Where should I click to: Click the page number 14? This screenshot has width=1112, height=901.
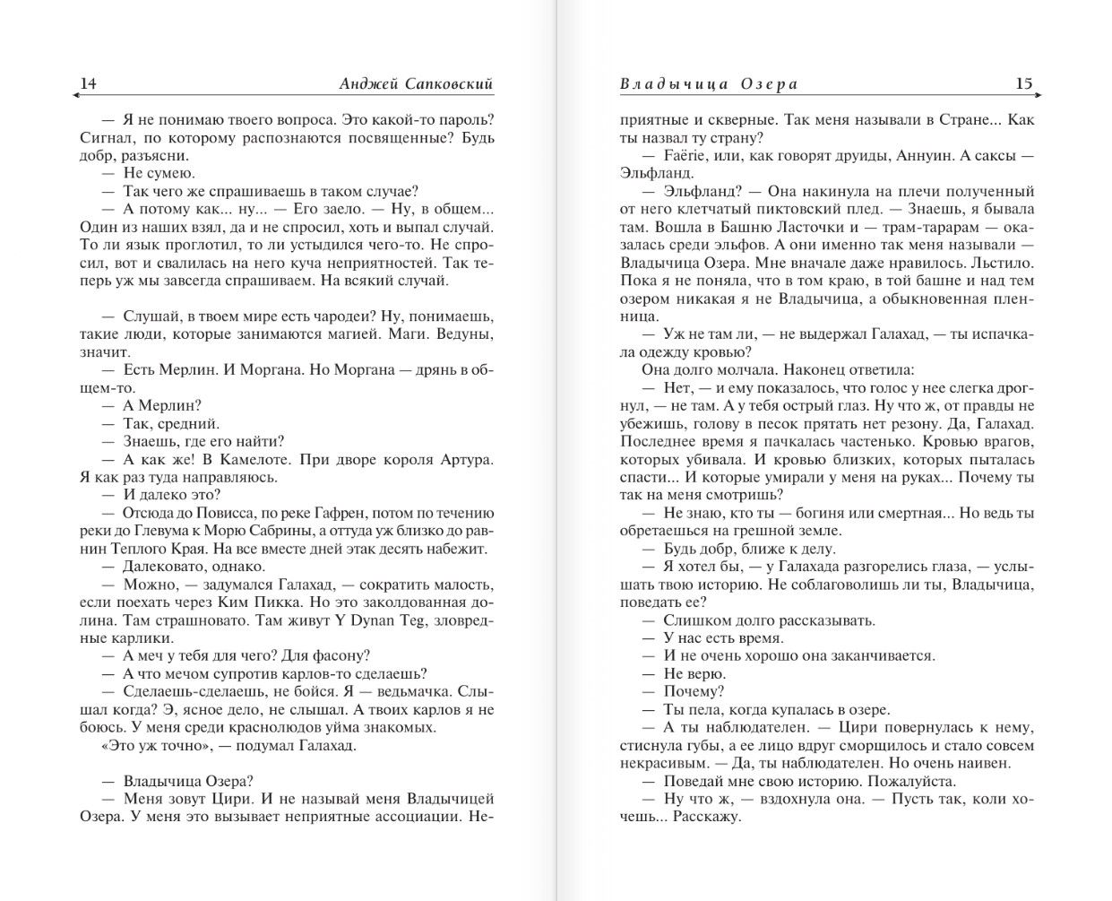point(88,83)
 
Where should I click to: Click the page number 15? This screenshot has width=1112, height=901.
point(1023,83)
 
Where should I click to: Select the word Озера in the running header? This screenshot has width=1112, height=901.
point(769,84)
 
